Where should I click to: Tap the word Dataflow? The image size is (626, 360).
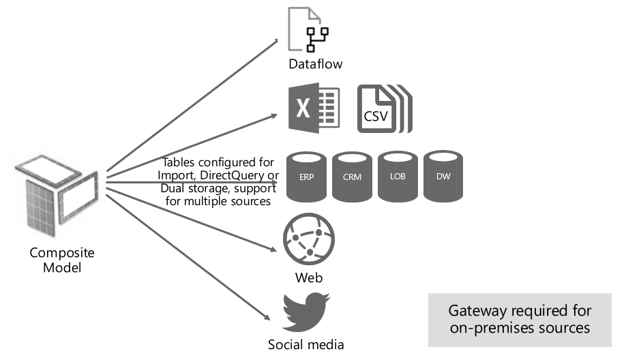click(x=314, y=64)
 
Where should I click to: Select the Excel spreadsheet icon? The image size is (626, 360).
click(x=314, y=108)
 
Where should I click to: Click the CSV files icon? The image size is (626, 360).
click(x=385, y=109)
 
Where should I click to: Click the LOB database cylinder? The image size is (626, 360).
click(x=398, y=176)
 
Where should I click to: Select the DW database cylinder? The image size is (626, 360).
click(x=443, y=176)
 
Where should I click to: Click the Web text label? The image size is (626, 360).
click(x=309, y=277)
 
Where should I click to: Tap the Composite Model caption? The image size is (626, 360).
click(x=62, y=260)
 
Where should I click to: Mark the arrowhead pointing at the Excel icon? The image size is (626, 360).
click(x=278, y=115)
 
